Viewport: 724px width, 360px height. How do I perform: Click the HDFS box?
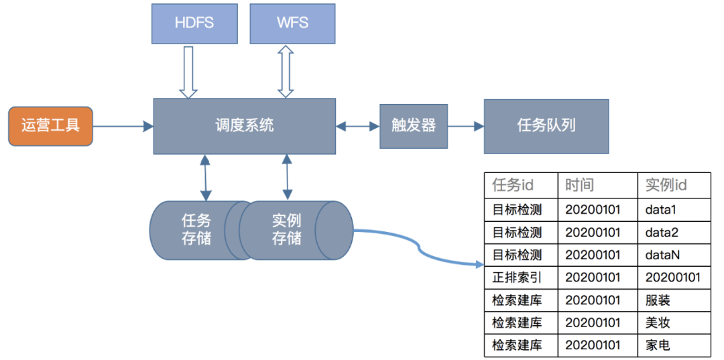pos(194,23)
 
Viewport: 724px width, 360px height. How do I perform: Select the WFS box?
pos(292,23)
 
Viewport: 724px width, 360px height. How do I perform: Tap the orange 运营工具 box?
pos(50,125)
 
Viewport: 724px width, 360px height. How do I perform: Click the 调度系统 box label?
pos(244,125)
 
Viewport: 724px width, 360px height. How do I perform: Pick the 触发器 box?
pos(413,125)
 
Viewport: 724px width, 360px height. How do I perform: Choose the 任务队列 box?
pos(546,125)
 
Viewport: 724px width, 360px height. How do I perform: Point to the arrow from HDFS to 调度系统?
pos(188,71)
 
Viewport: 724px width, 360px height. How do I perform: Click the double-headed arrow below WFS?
pos(286,71)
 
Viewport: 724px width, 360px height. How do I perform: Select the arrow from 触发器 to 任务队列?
pos(465,125)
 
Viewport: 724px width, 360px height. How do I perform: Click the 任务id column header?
pos(520,185)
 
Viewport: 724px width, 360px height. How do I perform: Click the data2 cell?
pos(662,233)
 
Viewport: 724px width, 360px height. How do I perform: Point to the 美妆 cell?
pos(658,322)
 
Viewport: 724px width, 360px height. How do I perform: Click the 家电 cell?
pos(658,345)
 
